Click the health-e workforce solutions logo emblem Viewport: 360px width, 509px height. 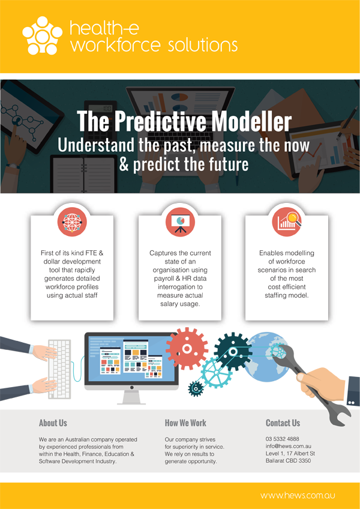point(42,35)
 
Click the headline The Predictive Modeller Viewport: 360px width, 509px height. point(184,121)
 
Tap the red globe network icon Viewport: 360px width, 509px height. point(72,221)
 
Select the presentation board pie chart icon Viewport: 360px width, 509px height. point(180,221)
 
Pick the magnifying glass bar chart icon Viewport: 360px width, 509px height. point(287,221)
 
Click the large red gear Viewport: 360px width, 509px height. point(187,349)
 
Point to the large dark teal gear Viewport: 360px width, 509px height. point(232,352)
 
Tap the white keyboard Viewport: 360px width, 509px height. point(60,369)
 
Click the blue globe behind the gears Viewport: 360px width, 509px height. point(266,357)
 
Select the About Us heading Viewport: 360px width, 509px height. point(53,423)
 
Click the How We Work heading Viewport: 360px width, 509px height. point(185,423)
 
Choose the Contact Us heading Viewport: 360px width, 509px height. point(283,423)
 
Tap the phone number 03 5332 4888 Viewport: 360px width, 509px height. point(283,439)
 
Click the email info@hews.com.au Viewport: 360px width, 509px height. point(288,446)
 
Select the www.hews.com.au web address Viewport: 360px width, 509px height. point(298,496)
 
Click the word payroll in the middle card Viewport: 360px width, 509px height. point(163,279)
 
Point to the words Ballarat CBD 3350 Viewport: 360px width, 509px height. point(288,460)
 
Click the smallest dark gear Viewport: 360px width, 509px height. point(196,388)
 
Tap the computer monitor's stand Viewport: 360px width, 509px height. point(131,397)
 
